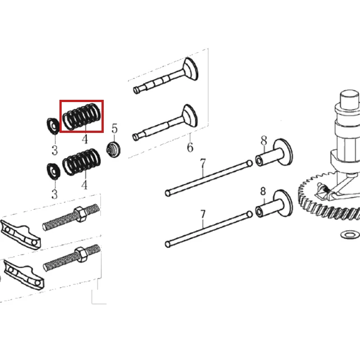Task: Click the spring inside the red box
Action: [81, 116]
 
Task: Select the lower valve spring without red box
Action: [81, 162]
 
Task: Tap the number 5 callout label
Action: [114, 128]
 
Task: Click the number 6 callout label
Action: [190, 147]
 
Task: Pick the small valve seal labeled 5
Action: [113, 149]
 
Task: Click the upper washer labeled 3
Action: [53, 126]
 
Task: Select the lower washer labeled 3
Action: [53, 171]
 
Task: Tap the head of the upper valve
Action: [190, 68]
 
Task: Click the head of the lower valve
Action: [190, 116]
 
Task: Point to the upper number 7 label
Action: [203, 164]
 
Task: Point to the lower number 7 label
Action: [203, 214]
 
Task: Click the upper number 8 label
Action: [264, 141]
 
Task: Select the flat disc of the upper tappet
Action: [283, 152]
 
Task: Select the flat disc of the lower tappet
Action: [283, 203]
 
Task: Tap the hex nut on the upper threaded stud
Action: [80, 214]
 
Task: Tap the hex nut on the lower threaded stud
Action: [81, 255]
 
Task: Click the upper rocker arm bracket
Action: [21, 234]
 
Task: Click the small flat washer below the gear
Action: [350, 234]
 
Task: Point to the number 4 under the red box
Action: [85, 139]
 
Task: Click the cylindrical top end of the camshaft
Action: [349, 99]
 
